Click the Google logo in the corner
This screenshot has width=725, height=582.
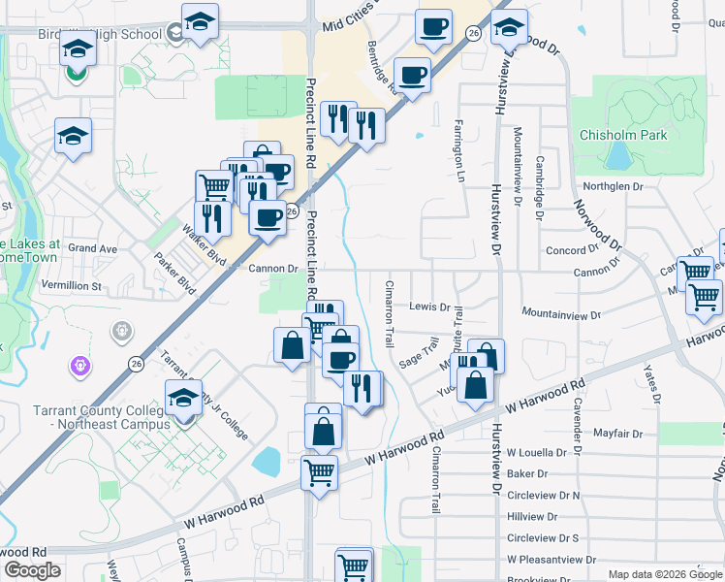click(x=32, y=570)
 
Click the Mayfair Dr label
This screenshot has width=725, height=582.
click(x=617, y=433)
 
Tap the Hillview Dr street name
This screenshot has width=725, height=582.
click(x=533, y=517)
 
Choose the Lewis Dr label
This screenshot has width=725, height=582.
click(x=428, y=307)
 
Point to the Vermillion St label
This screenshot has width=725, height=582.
click(x=71, y=286)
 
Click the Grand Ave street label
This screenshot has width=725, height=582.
click(x=93, y=248)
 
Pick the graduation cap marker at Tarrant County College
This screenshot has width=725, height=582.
click(x=182, y=398)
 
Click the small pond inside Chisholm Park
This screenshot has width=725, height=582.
click(x=616, y=155)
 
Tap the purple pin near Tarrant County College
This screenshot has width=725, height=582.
click(x=79, y=367)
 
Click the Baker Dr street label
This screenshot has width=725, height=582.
click(x=527, y=474)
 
